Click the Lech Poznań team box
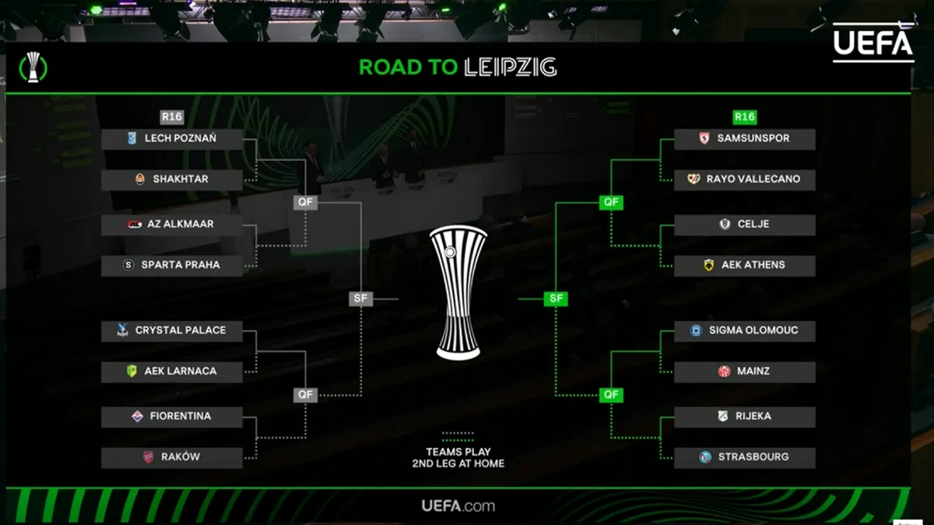172,138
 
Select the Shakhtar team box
172,179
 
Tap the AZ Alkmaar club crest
135,224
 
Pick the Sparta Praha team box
172,264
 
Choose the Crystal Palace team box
172,330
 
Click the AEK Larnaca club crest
132,371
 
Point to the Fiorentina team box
172,416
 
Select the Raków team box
172,457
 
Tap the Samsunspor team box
744,138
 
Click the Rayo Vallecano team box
744,179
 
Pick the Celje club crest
725,224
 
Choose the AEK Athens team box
744,264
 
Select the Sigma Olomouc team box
744,330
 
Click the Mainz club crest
724,371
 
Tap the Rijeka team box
744,416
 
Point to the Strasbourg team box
744,457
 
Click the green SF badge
556,298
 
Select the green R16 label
745,117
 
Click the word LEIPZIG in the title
511,67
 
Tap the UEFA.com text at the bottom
458,506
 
